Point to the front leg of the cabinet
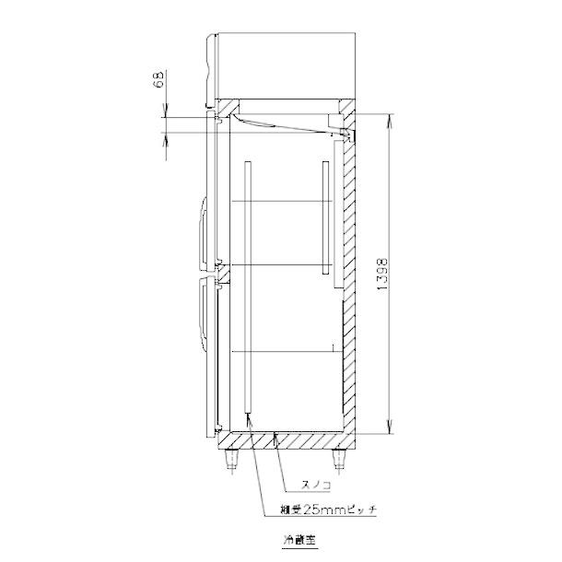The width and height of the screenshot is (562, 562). (231, 458)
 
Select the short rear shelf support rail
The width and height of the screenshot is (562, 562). (324, 220)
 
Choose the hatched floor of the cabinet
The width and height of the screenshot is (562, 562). (286, 439)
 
